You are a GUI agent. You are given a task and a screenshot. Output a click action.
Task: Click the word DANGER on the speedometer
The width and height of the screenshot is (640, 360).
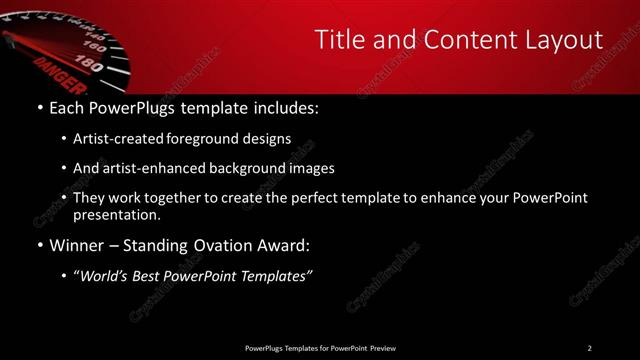coord(52,67)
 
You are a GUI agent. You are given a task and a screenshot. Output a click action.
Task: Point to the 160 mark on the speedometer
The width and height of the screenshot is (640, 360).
coord(96,46)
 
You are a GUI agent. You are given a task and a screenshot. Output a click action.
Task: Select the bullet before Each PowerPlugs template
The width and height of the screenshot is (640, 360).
coord(38,105)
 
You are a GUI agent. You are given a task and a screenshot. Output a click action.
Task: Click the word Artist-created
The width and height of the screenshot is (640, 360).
coord(115,139)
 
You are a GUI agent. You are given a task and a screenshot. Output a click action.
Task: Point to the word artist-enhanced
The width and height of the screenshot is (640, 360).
coord(149,168)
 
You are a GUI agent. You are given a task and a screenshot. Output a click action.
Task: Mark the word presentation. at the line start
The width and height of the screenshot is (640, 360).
coord(116,215)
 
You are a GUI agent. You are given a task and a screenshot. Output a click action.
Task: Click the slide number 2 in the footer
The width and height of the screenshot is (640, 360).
coord(590,348)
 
